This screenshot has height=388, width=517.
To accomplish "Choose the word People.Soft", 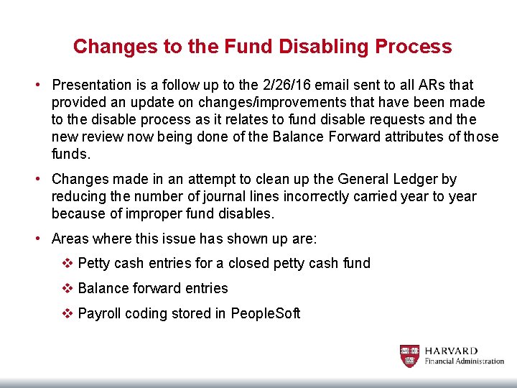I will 266,314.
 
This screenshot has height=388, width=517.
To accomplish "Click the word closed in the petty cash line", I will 243,264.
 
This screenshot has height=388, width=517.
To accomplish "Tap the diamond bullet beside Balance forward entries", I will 67,289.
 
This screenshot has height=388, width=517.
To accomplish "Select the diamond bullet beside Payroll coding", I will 67,314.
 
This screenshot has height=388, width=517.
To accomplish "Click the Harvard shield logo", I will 409,356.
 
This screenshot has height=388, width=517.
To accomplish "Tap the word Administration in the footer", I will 479,361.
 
